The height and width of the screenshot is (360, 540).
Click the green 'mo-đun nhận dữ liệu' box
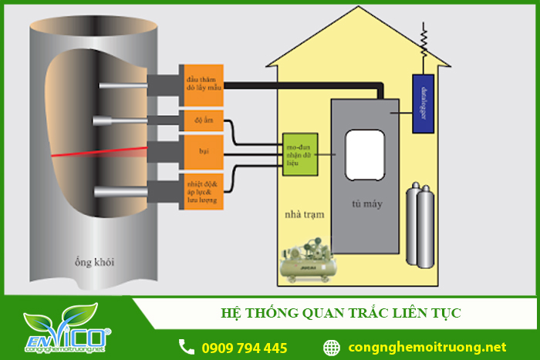coord(300,154)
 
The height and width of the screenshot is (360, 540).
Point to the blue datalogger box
coord(422,103)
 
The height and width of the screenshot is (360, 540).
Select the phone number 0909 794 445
coord(244,348)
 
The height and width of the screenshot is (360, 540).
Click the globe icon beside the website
coord(332,347)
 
